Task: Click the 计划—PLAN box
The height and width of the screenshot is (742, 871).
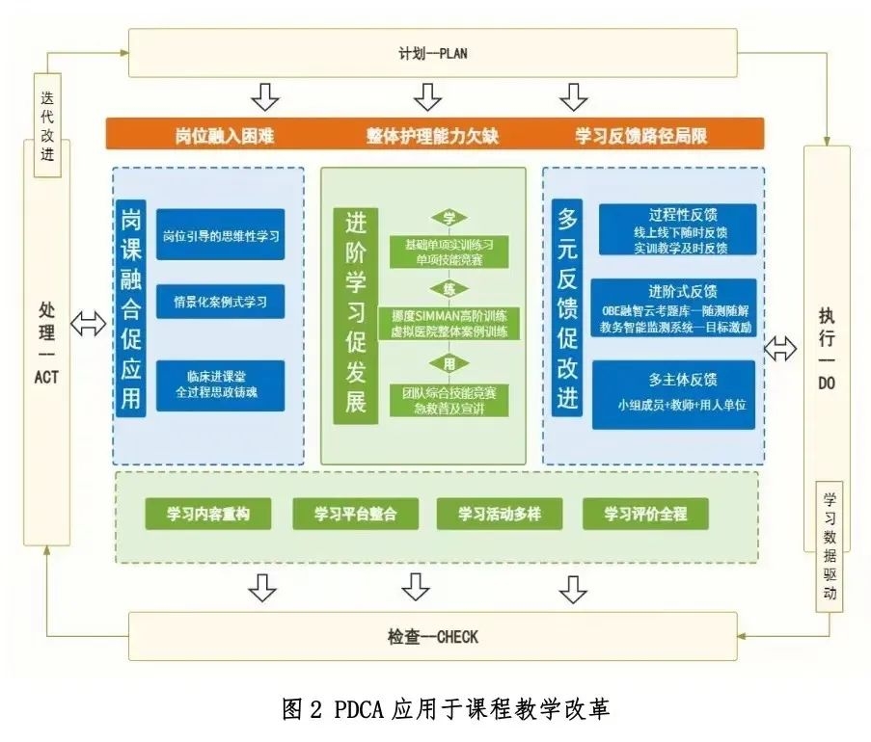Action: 432,53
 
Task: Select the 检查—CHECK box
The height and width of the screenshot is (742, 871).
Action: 432,637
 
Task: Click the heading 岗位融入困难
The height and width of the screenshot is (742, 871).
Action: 225,136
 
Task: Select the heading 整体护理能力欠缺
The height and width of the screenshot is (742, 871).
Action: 433,136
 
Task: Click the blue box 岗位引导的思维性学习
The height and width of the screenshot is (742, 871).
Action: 221,235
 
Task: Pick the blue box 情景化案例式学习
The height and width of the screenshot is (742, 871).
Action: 221,301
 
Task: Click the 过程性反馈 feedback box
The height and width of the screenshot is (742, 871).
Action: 676,228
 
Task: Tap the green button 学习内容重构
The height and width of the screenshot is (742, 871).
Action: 207,514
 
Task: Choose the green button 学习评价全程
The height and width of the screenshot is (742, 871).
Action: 645,514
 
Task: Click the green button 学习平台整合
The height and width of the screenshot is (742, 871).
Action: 355,514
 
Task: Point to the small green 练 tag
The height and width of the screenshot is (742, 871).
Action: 449,289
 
